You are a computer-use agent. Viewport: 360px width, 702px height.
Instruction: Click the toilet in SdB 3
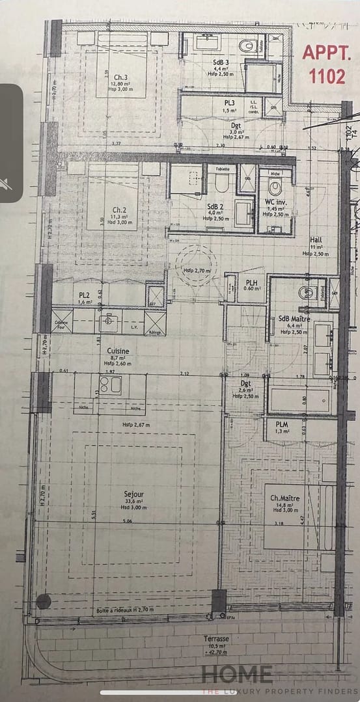coord(247,46)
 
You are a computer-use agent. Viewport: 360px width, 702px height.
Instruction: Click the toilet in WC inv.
coord(275,188)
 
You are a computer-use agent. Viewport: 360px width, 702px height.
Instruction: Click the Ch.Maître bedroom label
coord(286,502)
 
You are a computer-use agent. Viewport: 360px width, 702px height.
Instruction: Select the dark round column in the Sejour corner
coord(44,601)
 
